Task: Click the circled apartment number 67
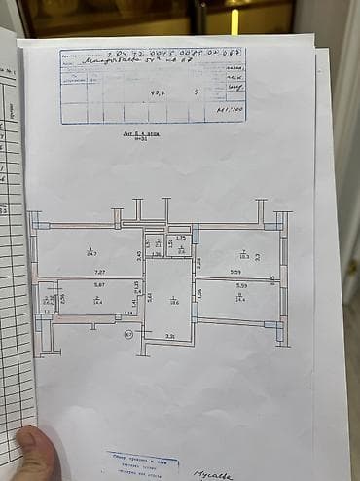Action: [x=129, y=334]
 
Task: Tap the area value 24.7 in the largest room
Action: [x=90, y=252]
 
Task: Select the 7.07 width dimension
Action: [x=99, y=273]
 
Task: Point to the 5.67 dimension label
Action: [x=99, y=284]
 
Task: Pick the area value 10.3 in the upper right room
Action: [x=244, y=256]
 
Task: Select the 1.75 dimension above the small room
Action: [x=180, y=238]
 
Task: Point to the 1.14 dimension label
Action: [x=128, y=314]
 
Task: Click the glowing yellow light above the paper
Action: [x=234, y=20]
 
